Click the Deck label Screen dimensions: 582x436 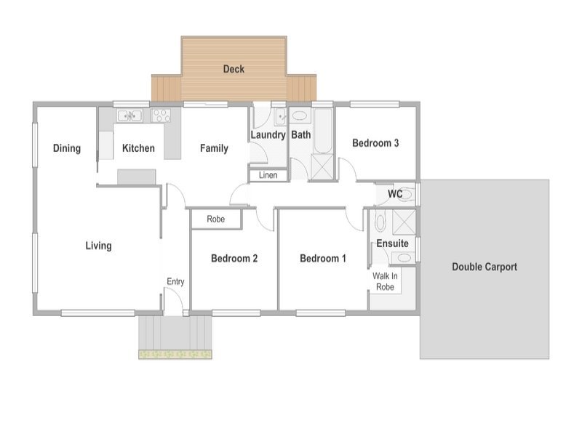point(234,69)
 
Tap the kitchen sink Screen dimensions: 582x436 point(129,116)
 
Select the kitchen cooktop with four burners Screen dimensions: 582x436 point(161,116)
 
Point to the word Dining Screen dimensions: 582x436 point(67,148)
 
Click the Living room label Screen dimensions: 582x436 point(98,246)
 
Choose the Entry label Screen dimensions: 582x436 point(175,282)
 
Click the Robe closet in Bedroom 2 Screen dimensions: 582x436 point(216,219)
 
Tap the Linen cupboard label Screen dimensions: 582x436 point(268,175)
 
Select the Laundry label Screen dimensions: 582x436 point(268,135)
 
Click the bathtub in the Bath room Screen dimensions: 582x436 point(323,131)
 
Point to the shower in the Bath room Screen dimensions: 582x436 point(322,167)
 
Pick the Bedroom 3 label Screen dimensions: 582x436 point(375,143)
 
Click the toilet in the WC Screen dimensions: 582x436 point(407,193)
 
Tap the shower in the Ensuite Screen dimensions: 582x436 point(404,222)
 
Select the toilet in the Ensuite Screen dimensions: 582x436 point(380,221)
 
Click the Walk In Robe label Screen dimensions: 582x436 point(385,281)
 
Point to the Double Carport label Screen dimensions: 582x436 point(485,267)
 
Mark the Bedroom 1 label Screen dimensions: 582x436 point(323,259)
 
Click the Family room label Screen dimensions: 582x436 point(214,148)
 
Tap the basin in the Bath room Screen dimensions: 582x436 point(300,116)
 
